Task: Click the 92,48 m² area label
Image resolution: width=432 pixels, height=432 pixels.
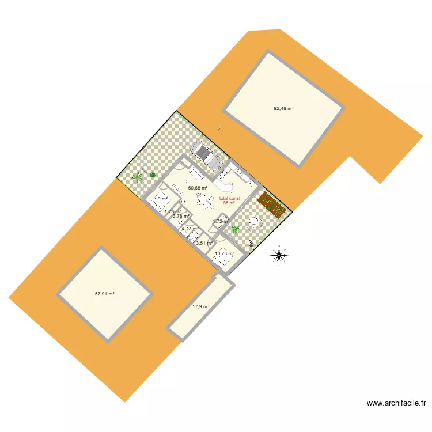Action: (x=283, y=108)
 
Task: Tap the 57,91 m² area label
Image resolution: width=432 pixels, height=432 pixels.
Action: (x=104, y=294)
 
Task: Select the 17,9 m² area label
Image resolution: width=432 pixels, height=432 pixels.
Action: (x=200, y=307)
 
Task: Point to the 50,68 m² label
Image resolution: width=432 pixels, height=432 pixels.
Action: (x=198, y=188)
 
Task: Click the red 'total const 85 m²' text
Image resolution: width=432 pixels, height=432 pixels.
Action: (x=229, y=201)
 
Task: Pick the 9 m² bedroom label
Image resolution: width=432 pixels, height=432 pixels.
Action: (x=162, y=199)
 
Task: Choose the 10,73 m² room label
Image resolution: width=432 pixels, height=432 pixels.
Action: (x=224, y=253)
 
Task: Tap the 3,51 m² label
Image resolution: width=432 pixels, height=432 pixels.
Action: (x=204, y=243)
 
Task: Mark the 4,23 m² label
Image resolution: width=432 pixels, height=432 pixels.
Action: (x=190, y=229)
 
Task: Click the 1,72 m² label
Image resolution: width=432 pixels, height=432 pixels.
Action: (x=221, y=221)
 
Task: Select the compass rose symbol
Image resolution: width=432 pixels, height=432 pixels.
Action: (x=279, y=254)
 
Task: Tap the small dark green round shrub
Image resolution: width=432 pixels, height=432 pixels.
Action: (x=153, y=175)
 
